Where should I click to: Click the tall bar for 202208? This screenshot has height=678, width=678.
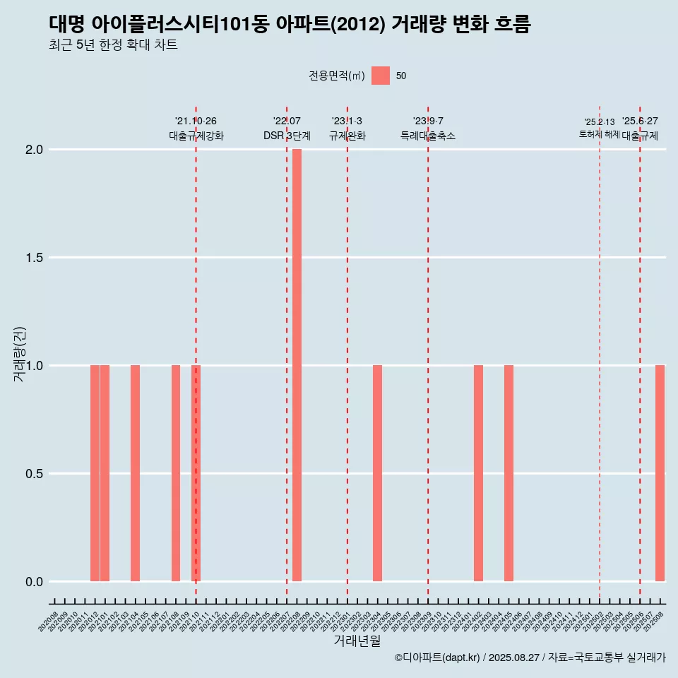tap(297, 365)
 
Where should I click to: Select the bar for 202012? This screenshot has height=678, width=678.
tap(95, 473)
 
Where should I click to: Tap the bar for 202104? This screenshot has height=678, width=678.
tap(135, 473)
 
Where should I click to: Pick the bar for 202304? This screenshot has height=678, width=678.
tap(377, 473)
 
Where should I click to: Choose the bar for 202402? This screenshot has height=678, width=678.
tap(478, 473)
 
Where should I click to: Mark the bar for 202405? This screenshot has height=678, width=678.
tap(509, 473)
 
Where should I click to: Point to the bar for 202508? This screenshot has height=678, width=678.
tap(660, 473)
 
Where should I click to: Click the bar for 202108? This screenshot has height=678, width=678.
tap(176, 473)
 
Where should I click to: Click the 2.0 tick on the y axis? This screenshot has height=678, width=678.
tap(35, 150)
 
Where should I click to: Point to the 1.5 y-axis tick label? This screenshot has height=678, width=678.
tap(35, 258)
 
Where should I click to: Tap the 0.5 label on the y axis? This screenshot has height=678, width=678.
tap(35, 474)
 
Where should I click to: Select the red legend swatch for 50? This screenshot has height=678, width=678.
tap(381, 76)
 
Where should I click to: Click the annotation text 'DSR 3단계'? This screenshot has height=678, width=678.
tap(287, 136)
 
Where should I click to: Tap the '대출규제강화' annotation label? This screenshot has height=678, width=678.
tap(196, 136)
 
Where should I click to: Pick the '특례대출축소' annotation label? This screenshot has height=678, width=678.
tap(428, 136)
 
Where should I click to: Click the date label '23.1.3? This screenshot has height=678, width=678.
tap(347, 121)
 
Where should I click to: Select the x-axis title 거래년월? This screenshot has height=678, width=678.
tap(357, 641)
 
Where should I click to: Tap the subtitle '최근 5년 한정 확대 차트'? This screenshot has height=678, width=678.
tap(113, 45)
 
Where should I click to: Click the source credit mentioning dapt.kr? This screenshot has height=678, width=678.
tap(530, 658)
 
